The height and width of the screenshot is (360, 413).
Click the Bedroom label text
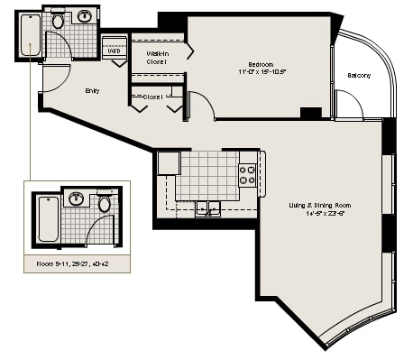(x=261, y=64)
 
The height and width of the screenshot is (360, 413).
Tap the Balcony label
(x=359, y=75)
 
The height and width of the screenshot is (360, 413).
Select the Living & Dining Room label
(x=321, y=206)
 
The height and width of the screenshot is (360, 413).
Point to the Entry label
(x=93, y=90)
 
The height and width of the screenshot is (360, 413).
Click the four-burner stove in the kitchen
(x=247, y=172)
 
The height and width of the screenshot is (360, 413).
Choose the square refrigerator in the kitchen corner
(x=169, y=162)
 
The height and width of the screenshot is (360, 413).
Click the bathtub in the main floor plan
(x=30, y=34)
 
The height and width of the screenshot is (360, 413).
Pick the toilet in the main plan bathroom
(x=58, y=20)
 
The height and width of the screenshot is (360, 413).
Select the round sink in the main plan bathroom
(x=87, y=16)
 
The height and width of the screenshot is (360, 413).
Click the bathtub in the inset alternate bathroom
(x=47, y=217)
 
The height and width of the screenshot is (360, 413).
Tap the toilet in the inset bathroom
(x=104, y=203)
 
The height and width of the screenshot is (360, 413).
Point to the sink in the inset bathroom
(x=77, y=198)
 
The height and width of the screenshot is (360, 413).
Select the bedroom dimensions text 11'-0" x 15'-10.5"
(x=261, y=73)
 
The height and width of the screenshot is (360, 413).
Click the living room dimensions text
(x=321, y=215)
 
